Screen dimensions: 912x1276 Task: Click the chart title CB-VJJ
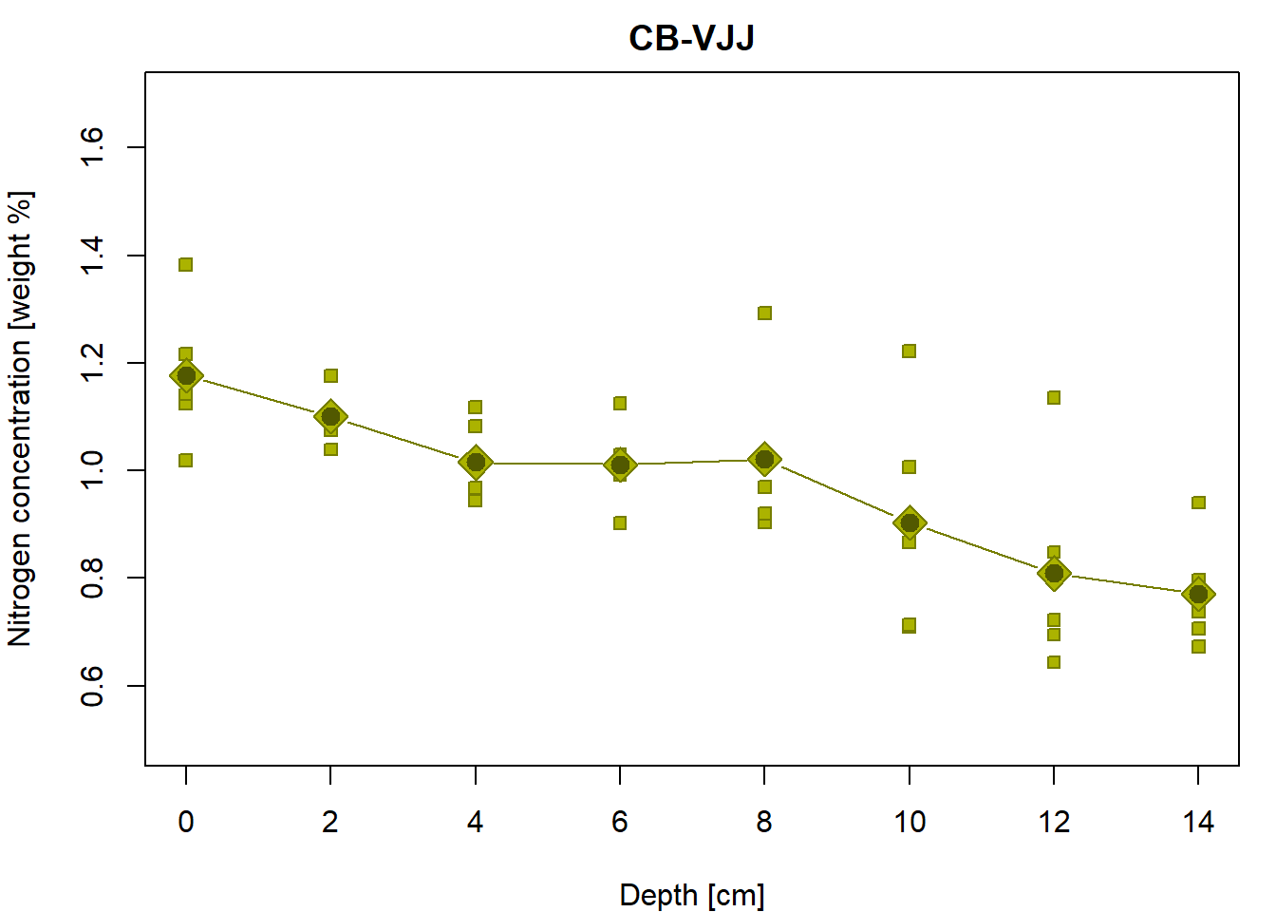click(x=691, y=38)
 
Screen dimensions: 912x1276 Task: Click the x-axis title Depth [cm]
click(x=691, y=895)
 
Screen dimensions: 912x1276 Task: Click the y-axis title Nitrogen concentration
click(x=21, y=418)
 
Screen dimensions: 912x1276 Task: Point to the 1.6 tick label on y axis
click(x=92, y=147)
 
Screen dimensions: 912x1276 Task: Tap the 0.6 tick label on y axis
click(x=92, y=685)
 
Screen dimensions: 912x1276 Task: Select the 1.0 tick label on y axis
click(x=92, y=470)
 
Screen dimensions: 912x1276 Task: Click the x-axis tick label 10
click(x=910, y=822)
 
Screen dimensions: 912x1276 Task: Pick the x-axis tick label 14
click(x=1198, y=822)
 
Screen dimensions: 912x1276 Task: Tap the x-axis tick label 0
click(x=186, y=822)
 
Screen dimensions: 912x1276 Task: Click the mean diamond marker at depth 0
click(x=186, y=375)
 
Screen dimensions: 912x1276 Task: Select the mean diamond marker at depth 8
click(x=764, y=460)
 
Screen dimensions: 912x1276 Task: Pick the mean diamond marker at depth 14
click(x=1198, y=594)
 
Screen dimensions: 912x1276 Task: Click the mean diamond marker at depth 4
click(x=476, y=463)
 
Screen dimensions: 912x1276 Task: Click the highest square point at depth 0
click(x=186, y=264)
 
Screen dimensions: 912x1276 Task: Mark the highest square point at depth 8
click(x=764, y=313)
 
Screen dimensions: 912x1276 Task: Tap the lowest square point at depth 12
click(x=1054, y=662)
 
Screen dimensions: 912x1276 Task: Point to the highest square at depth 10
click(x=910, y=351)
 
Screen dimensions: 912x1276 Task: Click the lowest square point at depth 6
click(x=620, y=522)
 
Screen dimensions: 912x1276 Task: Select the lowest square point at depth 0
click(x=186, y=460)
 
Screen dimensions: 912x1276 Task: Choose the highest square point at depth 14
click(x=1198, y=503)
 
